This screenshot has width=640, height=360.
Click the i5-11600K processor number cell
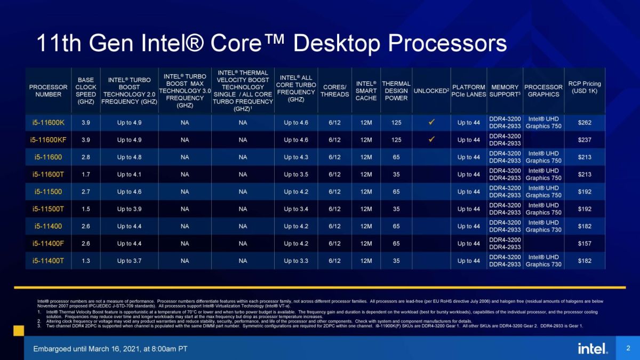pos(48,123)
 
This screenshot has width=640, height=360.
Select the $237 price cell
pos(584,140)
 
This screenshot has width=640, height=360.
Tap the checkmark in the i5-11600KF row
pos(431,140)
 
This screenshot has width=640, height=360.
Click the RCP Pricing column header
pos(584,87)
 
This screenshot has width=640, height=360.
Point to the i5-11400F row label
pos(48,244)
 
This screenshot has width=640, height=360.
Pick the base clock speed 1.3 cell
pos(85,261)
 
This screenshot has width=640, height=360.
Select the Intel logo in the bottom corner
pos(592,348)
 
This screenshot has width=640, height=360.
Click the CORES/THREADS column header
pos(334,91)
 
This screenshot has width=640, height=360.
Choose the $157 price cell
pos(584,244)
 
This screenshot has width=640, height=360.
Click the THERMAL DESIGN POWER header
pos(396,91)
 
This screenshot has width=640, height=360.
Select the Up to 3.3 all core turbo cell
pos(296,261)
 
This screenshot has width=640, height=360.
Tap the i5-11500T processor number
pos(48,209)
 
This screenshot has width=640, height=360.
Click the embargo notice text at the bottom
pos(110,349)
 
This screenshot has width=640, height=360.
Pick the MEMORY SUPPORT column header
pos(505,91)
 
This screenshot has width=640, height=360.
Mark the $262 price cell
pos(584,123)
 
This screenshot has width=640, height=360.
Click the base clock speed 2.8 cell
pos(85,157)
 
